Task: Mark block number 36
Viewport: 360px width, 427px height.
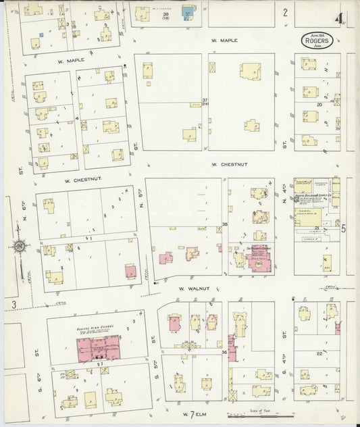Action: coord(224,352)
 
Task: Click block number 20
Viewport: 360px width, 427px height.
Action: coord(318,105)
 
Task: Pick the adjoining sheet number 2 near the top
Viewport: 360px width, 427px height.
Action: coord(285,11)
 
